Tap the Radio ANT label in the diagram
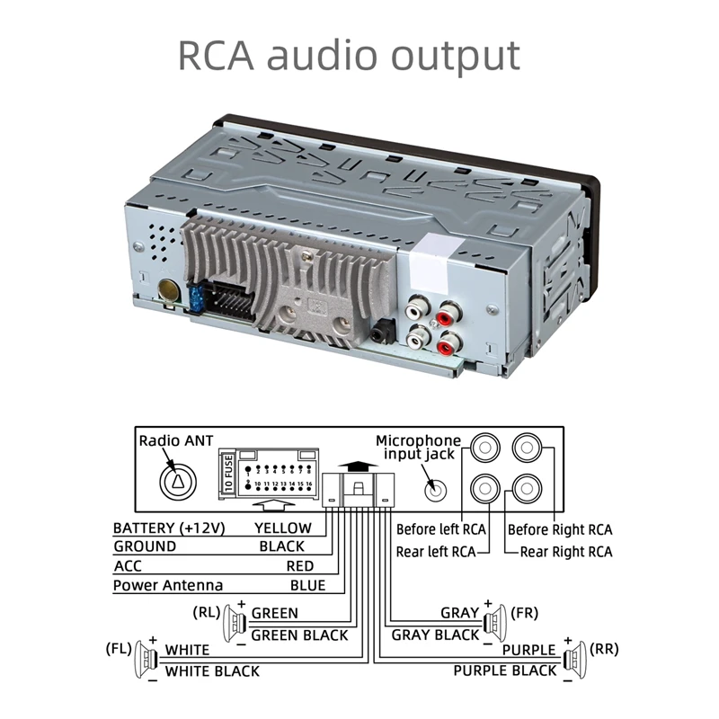coord(176,441)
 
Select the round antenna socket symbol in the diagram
coord(176,482)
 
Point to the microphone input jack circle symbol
coord(433,491)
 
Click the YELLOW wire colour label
coord(283,528)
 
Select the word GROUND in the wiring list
coord(145,546)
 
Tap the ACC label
coord(127,566)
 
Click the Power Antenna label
coord(168,586)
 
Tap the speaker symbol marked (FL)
coord(144,658)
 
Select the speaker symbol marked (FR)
coord(493,620)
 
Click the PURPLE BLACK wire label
coord(505,670)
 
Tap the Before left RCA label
coord(441,530)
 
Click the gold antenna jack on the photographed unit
coord(168,291)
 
